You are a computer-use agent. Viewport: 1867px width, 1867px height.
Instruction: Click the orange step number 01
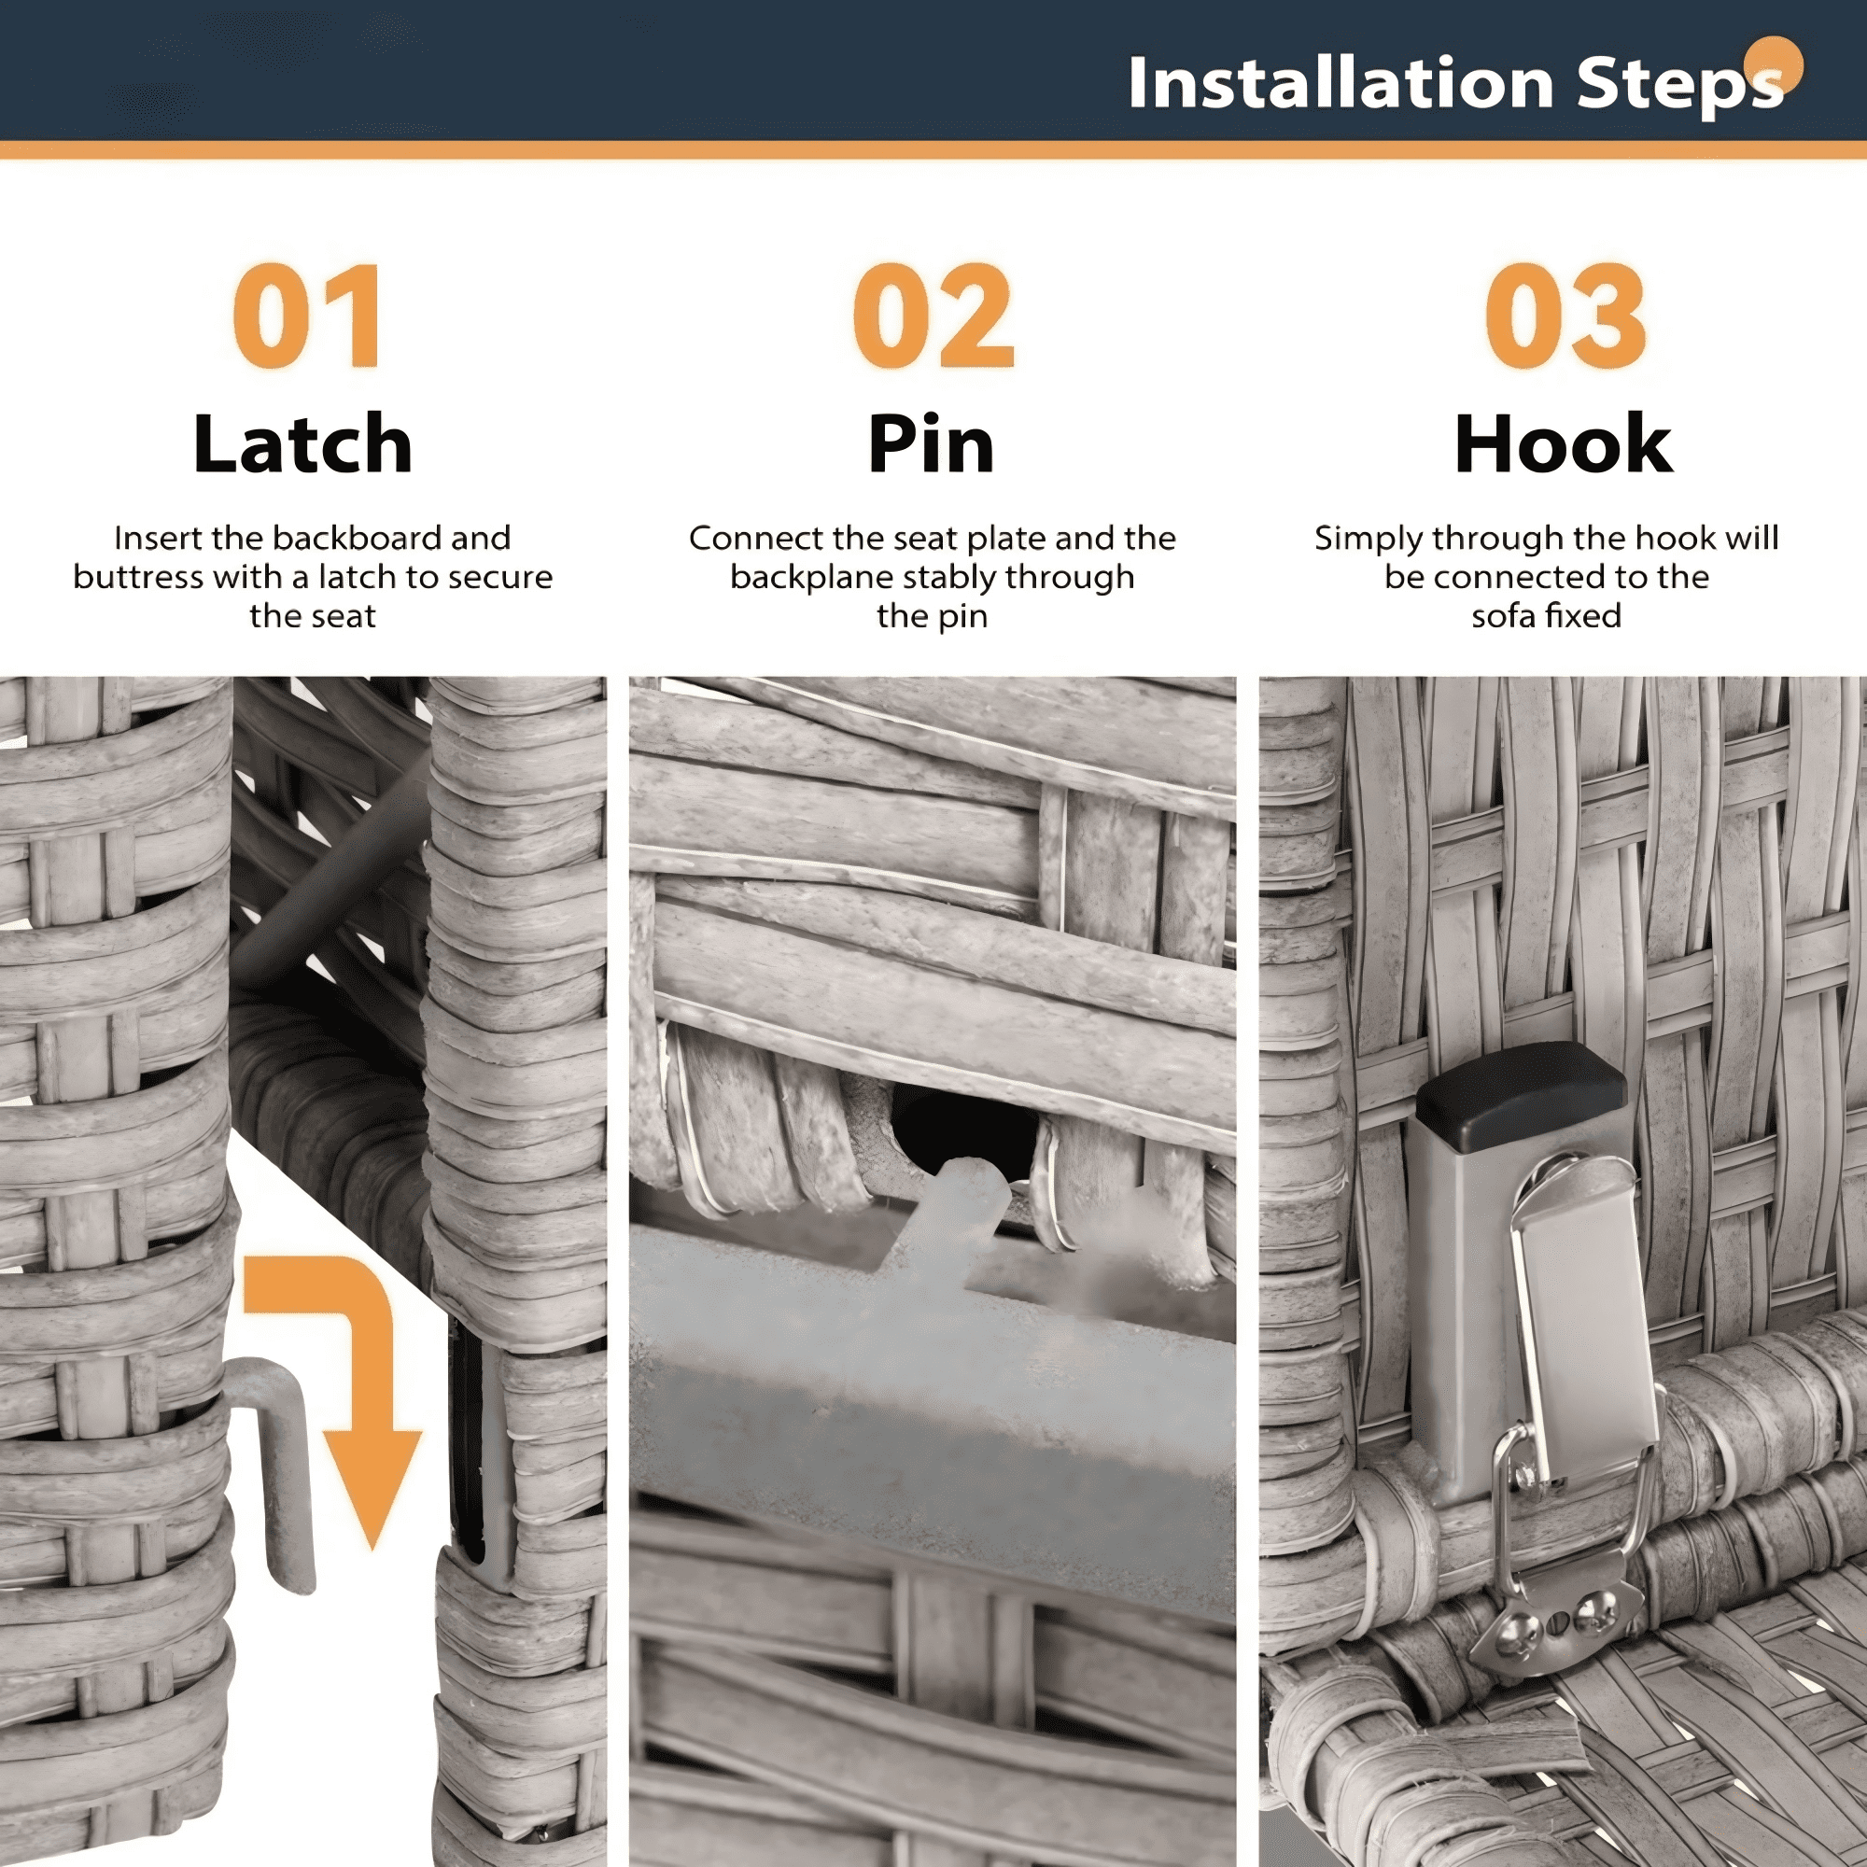(x=308, y=316)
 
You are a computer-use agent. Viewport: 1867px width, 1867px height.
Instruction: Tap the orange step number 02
(x=933, y=316)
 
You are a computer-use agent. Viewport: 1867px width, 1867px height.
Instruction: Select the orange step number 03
(x=1565, y=316)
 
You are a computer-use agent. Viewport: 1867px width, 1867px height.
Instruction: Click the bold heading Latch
(x=302, y=443)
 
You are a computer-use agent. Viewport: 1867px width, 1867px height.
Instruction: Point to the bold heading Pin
(x=931, y=443)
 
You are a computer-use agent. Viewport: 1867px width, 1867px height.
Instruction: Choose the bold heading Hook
(x=1564, y=443)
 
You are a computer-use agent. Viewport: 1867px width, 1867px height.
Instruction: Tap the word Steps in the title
(x=1679, y=85)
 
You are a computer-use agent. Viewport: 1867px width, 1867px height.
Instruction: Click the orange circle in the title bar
(x=1775, y=63)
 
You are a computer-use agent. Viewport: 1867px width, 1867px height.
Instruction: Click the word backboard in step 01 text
(x=353, y=539)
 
